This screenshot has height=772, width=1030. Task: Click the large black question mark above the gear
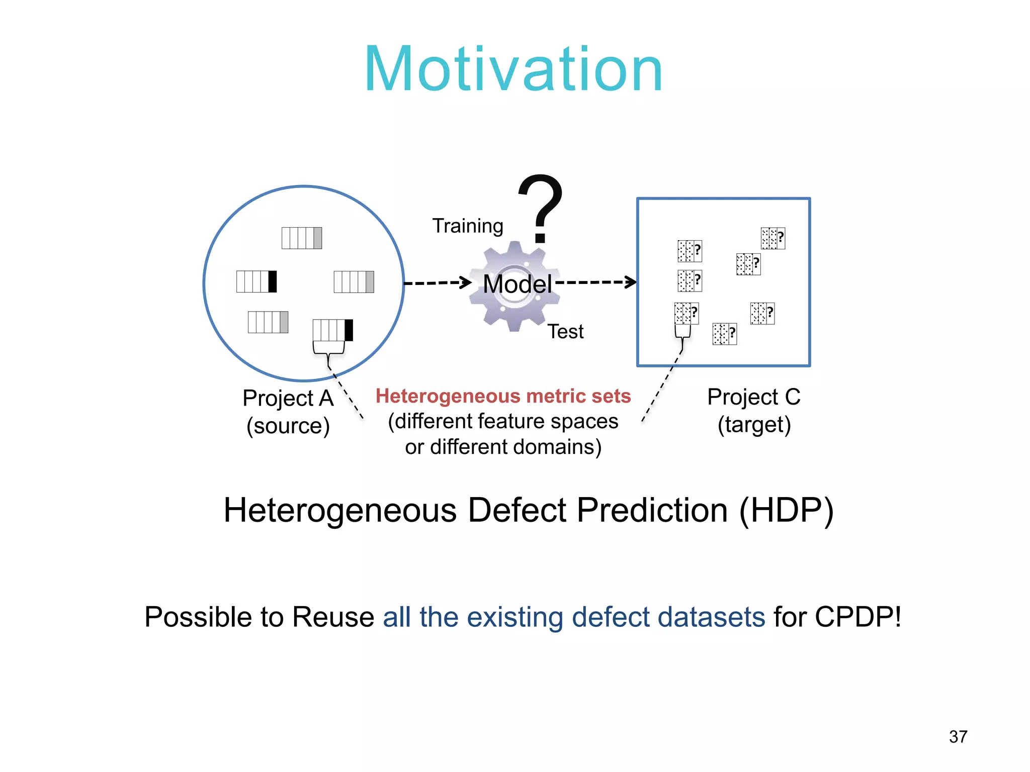coord(541,209)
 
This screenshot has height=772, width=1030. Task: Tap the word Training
coord(468,226)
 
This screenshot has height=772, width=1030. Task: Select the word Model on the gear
coord(517,284)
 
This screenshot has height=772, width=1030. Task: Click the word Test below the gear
coord(565,332)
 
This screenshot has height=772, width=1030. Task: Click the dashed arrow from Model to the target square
coord(596,282)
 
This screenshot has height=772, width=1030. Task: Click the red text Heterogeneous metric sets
coord(503,396)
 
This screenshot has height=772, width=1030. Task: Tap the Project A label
coord(288,398)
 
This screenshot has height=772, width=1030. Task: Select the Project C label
coord(753,397)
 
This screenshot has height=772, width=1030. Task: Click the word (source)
coord(288,426)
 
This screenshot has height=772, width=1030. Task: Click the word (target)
coord(754,425)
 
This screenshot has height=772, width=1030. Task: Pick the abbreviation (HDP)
coord(786,511)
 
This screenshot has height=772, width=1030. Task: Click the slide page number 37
coord(958,737)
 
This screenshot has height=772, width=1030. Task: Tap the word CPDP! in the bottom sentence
coord(858,617)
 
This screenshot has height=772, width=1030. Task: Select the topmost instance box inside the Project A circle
coord(301,238)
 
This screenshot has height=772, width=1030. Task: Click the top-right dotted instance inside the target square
coord(772,238)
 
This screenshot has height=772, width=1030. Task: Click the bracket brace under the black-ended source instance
coord(328,349)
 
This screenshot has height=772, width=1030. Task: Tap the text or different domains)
coord(503,447)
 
